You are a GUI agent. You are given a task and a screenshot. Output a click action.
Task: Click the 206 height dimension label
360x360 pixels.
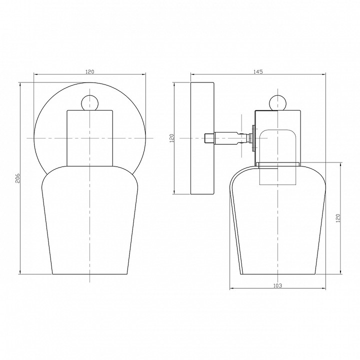(18, 178)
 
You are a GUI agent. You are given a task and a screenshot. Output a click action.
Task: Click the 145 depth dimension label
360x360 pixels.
(258, 71)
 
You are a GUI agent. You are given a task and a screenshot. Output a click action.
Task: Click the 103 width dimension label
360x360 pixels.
(277, 285)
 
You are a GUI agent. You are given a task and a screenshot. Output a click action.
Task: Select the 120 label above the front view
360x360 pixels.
(90, 71)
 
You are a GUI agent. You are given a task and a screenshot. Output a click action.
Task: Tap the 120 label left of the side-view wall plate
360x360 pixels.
(172, 138)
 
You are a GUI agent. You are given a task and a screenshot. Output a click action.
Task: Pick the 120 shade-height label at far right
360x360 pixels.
(337, 218)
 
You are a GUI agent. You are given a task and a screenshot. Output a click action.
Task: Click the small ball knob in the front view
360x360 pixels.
(90, 103)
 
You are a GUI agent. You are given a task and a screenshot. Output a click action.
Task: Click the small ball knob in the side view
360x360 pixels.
(278, 103)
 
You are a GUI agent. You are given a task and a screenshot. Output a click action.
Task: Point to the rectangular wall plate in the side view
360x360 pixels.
(202, 138)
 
